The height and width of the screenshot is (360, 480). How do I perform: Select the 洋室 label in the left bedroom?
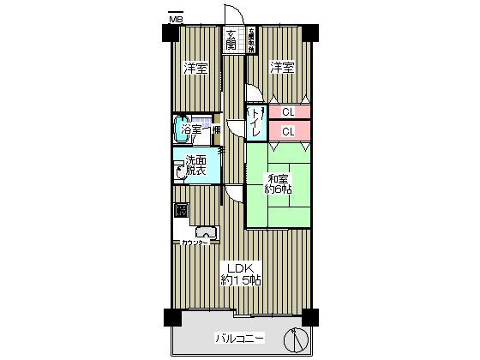[195, 69]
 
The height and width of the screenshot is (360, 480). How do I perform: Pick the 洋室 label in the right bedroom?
[283, 68]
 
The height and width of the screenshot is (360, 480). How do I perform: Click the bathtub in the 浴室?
[182, 130]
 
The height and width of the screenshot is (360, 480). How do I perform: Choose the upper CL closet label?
[289, 111]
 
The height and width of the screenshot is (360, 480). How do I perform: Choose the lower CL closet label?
[289, 131]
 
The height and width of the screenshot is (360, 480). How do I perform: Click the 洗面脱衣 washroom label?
[195, 165]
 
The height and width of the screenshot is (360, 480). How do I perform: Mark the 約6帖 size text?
[279, 189]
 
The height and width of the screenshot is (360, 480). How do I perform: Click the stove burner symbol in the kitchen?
[181, 210]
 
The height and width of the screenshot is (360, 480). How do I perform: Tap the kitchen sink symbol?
[206, 232]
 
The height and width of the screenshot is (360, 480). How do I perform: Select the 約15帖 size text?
[242, 282]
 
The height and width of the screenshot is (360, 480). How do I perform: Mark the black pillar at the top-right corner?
[309, 33]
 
